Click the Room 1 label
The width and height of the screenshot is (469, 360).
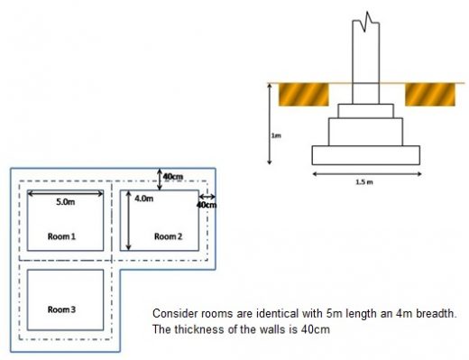pyautogui.click(x=61, y=235)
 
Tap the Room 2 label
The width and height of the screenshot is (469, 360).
pyautogui.click(x=168, y=236)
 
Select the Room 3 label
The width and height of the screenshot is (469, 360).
pyautogui.click(x=61, y=309)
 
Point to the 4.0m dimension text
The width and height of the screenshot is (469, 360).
pyautogui.click(x=143, y=198)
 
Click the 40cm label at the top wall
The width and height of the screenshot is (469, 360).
pyautogui.click(x=175, y=176)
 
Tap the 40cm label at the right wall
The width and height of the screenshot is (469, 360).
pyautogui.click(x=207, y=206)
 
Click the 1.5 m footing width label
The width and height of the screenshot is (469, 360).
pyautogui.click(x=365, y=181)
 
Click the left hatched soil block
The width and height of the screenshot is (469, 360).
pyautogui.click(x=303, y=94)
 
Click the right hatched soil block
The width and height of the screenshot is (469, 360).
pyautogui.click(x=428, y=94)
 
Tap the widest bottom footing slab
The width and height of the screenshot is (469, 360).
pyautogui.click(x=365, y=154)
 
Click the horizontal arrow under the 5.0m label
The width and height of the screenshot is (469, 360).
pyautogui.click(x=65, y=192)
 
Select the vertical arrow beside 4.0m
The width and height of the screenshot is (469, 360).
pyautogui.click(x=130, y=221)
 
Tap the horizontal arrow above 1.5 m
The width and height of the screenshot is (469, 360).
pyautogui.click(x=365, y=172)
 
